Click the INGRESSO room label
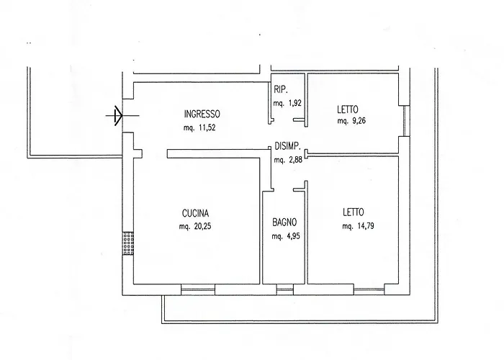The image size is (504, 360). tap(202, 114)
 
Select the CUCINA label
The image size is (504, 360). tap(194, 212)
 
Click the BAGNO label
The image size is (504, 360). tap(284, 222)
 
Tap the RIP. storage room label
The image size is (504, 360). tap(281, 89)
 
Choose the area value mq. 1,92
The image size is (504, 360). tap(287, 103)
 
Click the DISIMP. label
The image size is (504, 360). tap(289, 146)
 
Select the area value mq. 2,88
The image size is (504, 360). tap(289, 159)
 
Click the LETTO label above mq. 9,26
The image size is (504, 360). tap(348, 110)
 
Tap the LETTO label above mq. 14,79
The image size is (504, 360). tap(354, 212)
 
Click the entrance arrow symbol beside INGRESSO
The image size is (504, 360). tap(117, 114)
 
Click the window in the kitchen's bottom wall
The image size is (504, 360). tap(198, 290)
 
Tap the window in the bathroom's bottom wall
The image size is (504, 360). tap(284, 290)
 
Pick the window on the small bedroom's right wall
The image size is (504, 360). tap(405, 120)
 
